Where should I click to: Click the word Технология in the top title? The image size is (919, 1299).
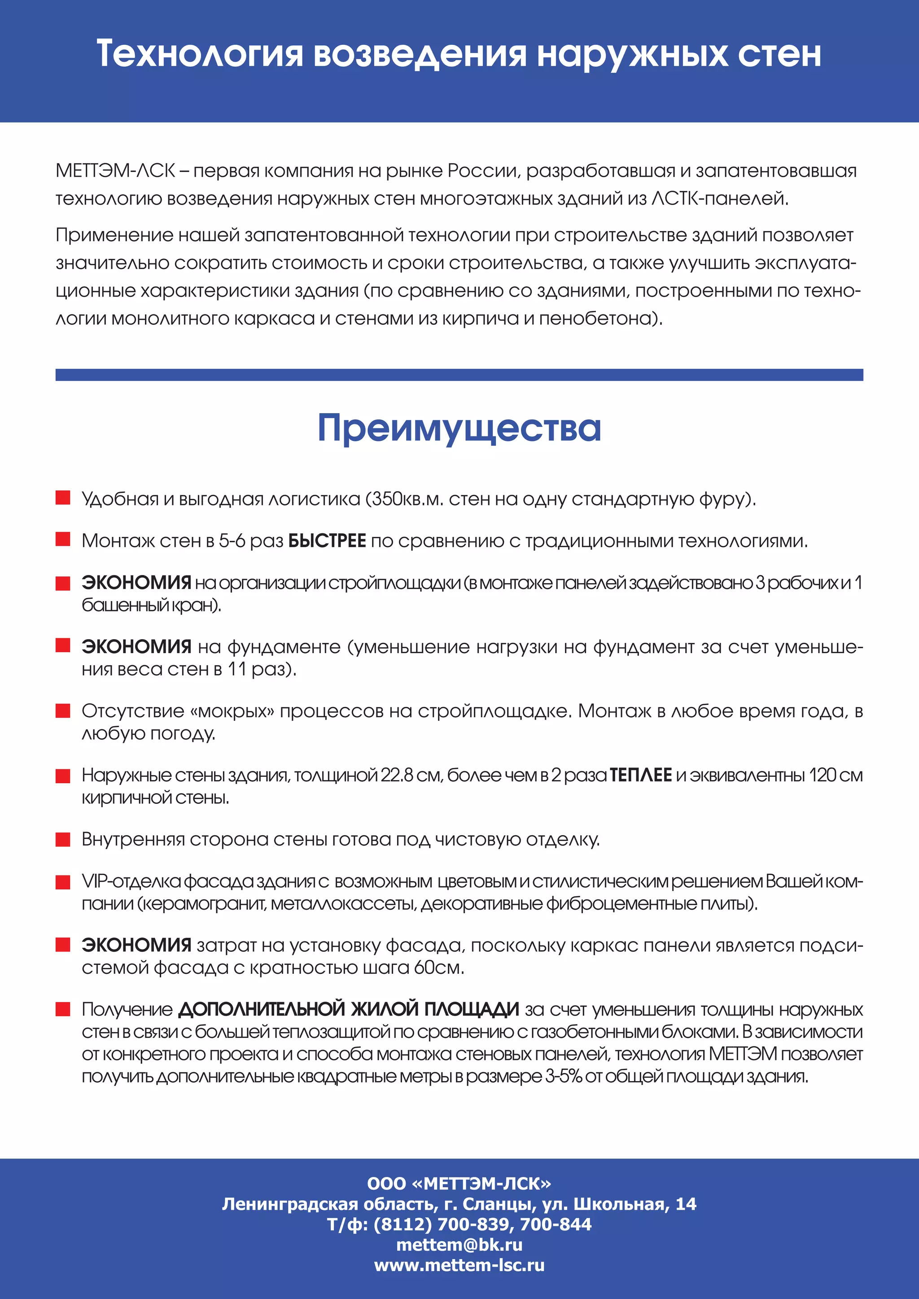tap(200, 54)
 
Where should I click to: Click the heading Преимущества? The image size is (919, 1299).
tap(459, 428)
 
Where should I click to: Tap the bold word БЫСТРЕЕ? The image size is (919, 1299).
tap(327, 541)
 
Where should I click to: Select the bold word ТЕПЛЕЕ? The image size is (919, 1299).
tap(641, 775)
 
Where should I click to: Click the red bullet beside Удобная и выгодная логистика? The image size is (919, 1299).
tap(63, 498)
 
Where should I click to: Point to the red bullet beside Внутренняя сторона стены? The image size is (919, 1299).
tap(63, 840)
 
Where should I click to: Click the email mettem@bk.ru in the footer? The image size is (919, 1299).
tap(459, 1245)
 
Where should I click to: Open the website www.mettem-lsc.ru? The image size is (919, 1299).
tap(459, 1265)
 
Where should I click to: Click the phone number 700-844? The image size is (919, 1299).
tap(555, 1225)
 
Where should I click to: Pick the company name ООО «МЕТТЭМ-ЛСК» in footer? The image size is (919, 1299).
tap(459, 1184)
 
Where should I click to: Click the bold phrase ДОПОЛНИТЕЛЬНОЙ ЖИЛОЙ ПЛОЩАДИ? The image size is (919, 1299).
tap(349, 1009)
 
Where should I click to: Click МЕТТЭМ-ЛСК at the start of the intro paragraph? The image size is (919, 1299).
tap(115, 171)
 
